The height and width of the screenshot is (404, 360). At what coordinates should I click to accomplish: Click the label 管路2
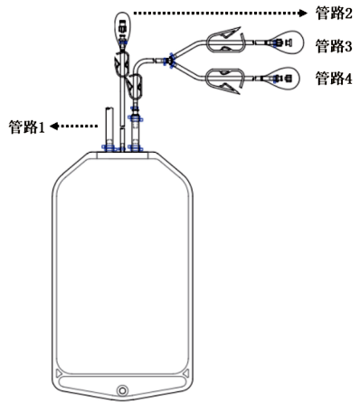point(333,14)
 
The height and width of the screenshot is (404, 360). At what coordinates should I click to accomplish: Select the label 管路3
point(333,45)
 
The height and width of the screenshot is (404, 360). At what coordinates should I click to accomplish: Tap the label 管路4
point(333,79)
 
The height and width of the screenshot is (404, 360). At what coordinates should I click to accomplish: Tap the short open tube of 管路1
point(108,122)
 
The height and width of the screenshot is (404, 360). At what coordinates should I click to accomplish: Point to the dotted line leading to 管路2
point(217,13)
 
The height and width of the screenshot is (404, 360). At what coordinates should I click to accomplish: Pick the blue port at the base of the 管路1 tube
point(108,146)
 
